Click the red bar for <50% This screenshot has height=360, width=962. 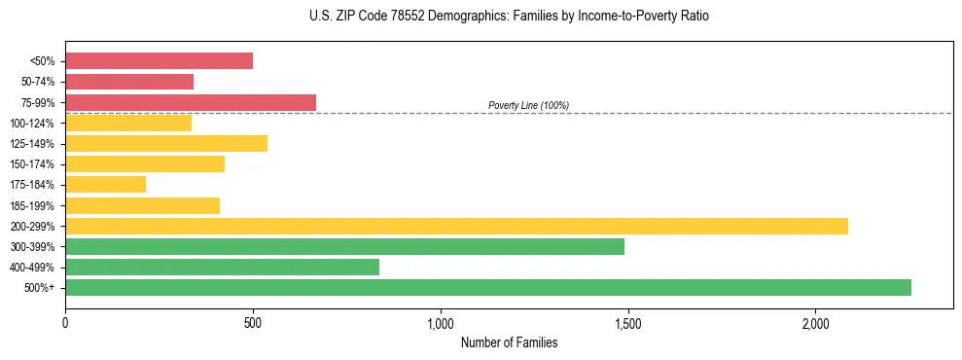tap(159, 61)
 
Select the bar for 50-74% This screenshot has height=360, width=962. tap(129, 82)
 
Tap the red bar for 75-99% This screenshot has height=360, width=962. tap(191, 102)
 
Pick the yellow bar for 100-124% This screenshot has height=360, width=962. tap(128, 123)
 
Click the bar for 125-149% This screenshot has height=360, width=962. tap(166, 144)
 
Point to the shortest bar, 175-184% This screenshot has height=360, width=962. tap(105, 185)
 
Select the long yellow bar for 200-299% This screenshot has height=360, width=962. tap(456, 226)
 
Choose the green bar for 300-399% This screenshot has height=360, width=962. tap(344, 246)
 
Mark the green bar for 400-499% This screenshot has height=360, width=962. tap(222, 268)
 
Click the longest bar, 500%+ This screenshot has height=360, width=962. tap(488, 288)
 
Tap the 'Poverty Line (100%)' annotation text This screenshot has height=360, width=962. tap(528, 105)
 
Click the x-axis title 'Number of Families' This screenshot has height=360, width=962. tap(509, 342)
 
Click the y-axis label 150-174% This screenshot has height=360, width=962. tap(32, 164)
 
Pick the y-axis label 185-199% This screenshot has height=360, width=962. tap(32, 205)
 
